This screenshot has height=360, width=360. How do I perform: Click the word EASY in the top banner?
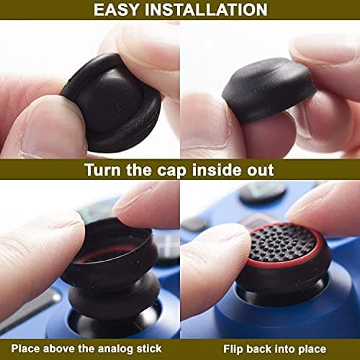(118, 9)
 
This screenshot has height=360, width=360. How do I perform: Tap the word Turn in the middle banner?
(107, 170)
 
